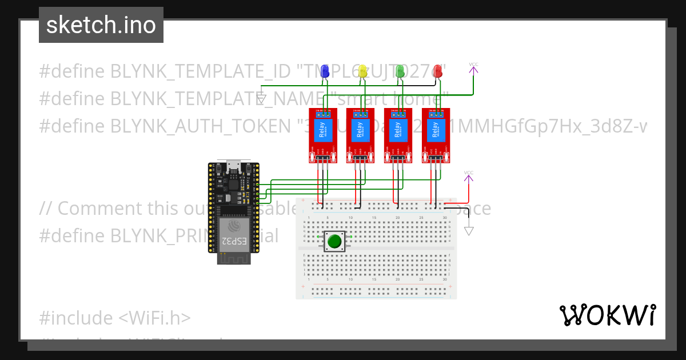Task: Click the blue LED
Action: tap(325, 71)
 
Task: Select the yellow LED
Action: tap(362, 71)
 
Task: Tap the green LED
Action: tap(400, 71)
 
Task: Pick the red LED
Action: tap(438, 71)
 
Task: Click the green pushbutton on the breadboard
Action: tap(334, 241)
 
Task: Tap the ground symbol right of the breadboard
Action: tap(469, 230)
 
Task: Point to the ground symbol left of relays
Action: tap(261, 101)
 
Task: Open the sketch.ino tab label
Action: tap(101, 25)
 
